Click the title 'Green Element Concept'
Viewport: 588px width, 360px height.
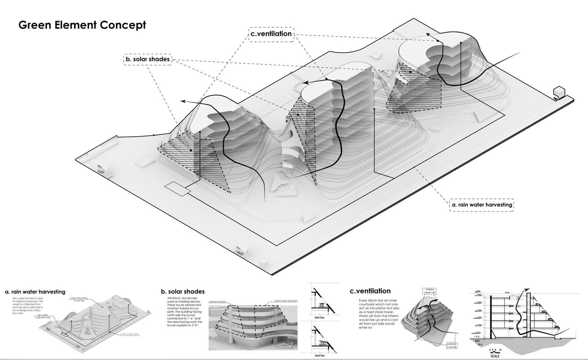pyautogui.click(x=82, y=25)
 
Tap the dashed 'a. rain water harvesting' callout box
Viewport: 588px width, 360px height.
pyautogui.click(x=481, y=205)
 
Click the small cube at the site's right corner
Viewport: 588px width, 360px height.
pyautogui.click(x=559, y=92)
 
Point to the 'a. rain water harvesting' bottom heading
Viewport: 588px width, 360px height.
pyautogui.click(x=35, y=292)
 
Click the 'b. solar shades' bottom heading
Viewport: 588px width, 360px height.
pyautogui.click(x=183, y=292)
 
